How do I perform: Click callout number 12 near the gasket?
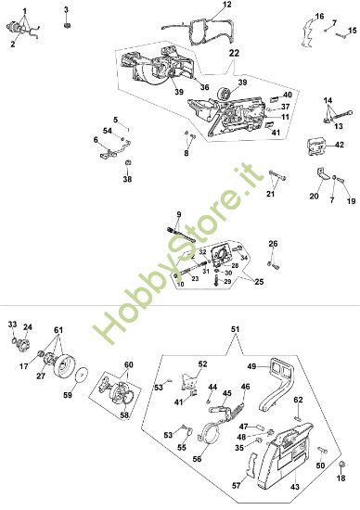226,6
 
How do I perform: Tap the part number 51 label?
235,328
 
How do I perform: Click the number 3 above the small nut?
66,8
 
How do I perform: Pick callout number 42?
339,145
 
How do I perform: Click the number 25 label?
258,280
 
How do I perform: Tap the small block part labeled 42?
315,145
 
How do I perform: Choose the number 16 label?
319,16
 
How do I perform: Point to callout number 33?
13,324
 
